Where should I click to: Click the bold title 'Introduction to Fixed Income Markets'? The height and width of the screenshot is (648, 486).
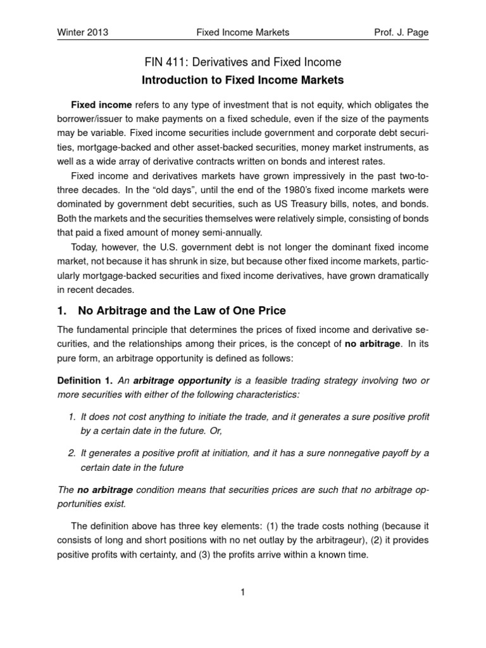244,81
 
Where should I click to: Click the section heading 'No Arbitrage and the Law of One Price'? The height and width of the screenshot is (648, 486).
182,311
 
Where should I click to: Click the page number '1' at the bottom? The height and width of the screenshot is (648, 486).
243,592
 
